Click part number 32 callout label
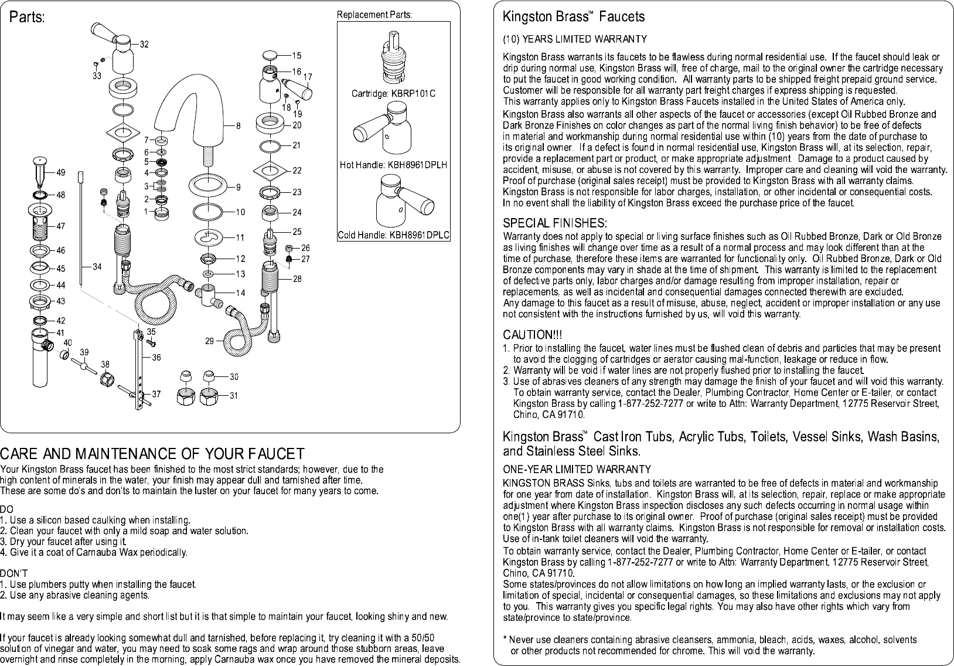[x=144, y=45]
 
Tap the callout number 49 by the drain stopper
[x=61, y=173]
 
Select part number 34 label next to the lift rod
[x=97, y=267]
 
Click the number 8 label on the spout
[x=238, y=125]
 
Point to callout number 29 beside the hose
[x=210, y=341]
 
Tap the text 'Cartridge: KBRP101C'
[x=393, y=94]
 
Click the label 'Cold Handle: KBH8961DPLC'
[x=393, y=236]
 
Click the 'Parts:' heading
[x=27, y=18]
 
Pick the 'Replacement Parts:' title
[x=374, y=15]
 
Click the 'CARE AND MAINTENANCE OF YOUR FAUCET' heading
[x=152, y=454]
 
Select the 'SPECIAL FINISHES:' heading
[x=555, y=223]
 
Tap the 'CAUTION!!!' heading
[x=533, y=335]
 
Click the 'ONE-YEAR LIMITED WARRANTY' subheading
[x=577, y=469]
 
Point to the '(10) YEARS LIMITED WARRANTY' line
[x=575, y=39]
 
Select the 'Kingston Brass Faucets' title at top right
[x=574, y=18]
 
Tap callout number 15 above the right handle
[x=297, y=56]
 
